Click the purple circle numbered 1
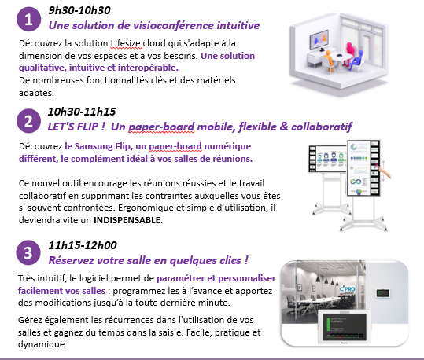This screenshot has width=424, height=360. tap(28, 19)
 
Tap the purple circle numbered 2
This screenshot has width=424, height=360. tap(28, 121)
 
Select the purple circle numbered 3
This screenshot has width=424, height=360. tap(28, 252)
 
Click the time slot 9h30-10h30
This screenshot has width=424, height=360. tap(79, 10)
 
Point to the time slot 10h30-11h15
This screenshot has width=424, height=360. tap(82, 112)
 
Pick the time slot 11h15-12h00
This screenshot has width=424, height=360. tap(83, 245)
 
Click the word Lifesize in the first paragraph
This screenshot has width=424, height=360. tap(126, 43)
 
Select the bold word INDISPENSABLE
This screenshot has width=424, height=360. tap(127, 220)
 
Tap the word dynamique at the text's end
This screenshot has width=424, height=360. tap(42, 344)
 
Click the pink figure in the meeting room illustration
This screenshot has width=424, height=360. tap(351, 53)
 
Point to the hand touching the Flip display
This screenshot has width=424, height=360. tap(385, 172)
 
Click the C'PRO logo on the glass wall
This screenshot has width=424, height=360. tap(347, 290)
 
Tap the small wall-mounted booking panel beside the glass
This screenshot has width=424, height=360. tap(383, 293)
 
